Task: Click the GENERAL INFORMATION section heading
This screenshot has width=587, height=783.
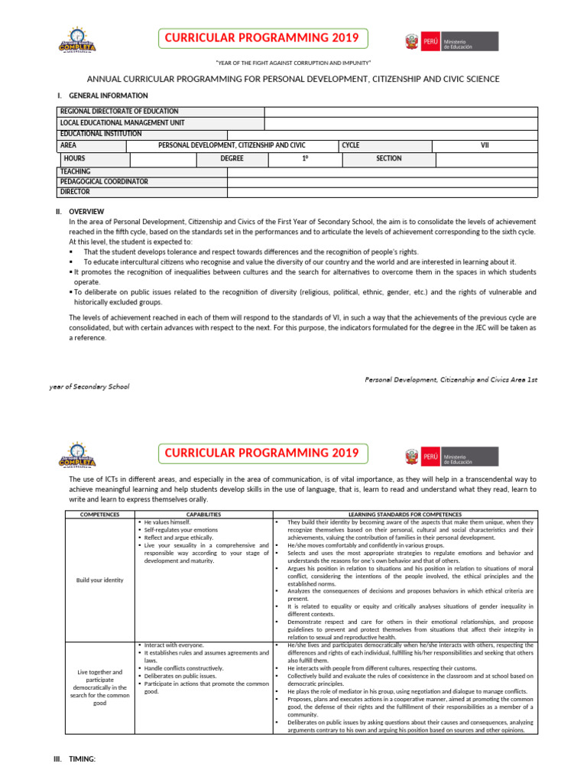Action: click(x=108, y=96)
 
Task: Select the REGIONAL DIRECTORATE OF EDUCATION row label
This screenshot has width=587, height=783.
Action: click(x=118, y=112)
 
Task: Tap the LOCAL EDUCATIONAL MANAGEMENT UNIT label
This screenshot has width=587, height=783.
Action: click(x=122, y=122)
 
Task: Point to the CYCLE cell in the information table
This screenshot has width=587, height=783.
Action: click(x=351, y=145)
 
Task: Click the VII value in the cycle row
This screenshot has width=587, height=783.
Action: click(x=484, y=145)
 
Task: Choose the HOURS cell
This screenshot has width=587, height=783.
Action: click(x=75, y=158)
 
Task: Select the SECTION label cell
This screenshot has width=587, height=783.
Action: click(x=388, y=158)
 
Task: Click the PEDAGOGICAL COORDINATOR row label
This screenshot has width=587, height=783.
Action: click(x=104, y=182)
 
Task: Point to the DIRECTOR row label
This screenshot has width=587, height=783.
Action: click(x=75, y=192)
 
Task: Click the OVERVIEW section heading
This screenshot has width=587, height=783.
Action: click(x=86, y=211)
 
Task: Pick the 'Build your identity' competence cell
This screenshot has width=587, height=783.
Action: click(x=99, y=580)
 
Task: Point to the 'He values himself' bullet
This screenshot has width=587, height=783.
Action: click(x=162, y=521)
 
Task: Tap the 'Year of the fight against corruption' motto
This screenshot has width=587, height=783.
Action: click(x=293, y=62)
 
